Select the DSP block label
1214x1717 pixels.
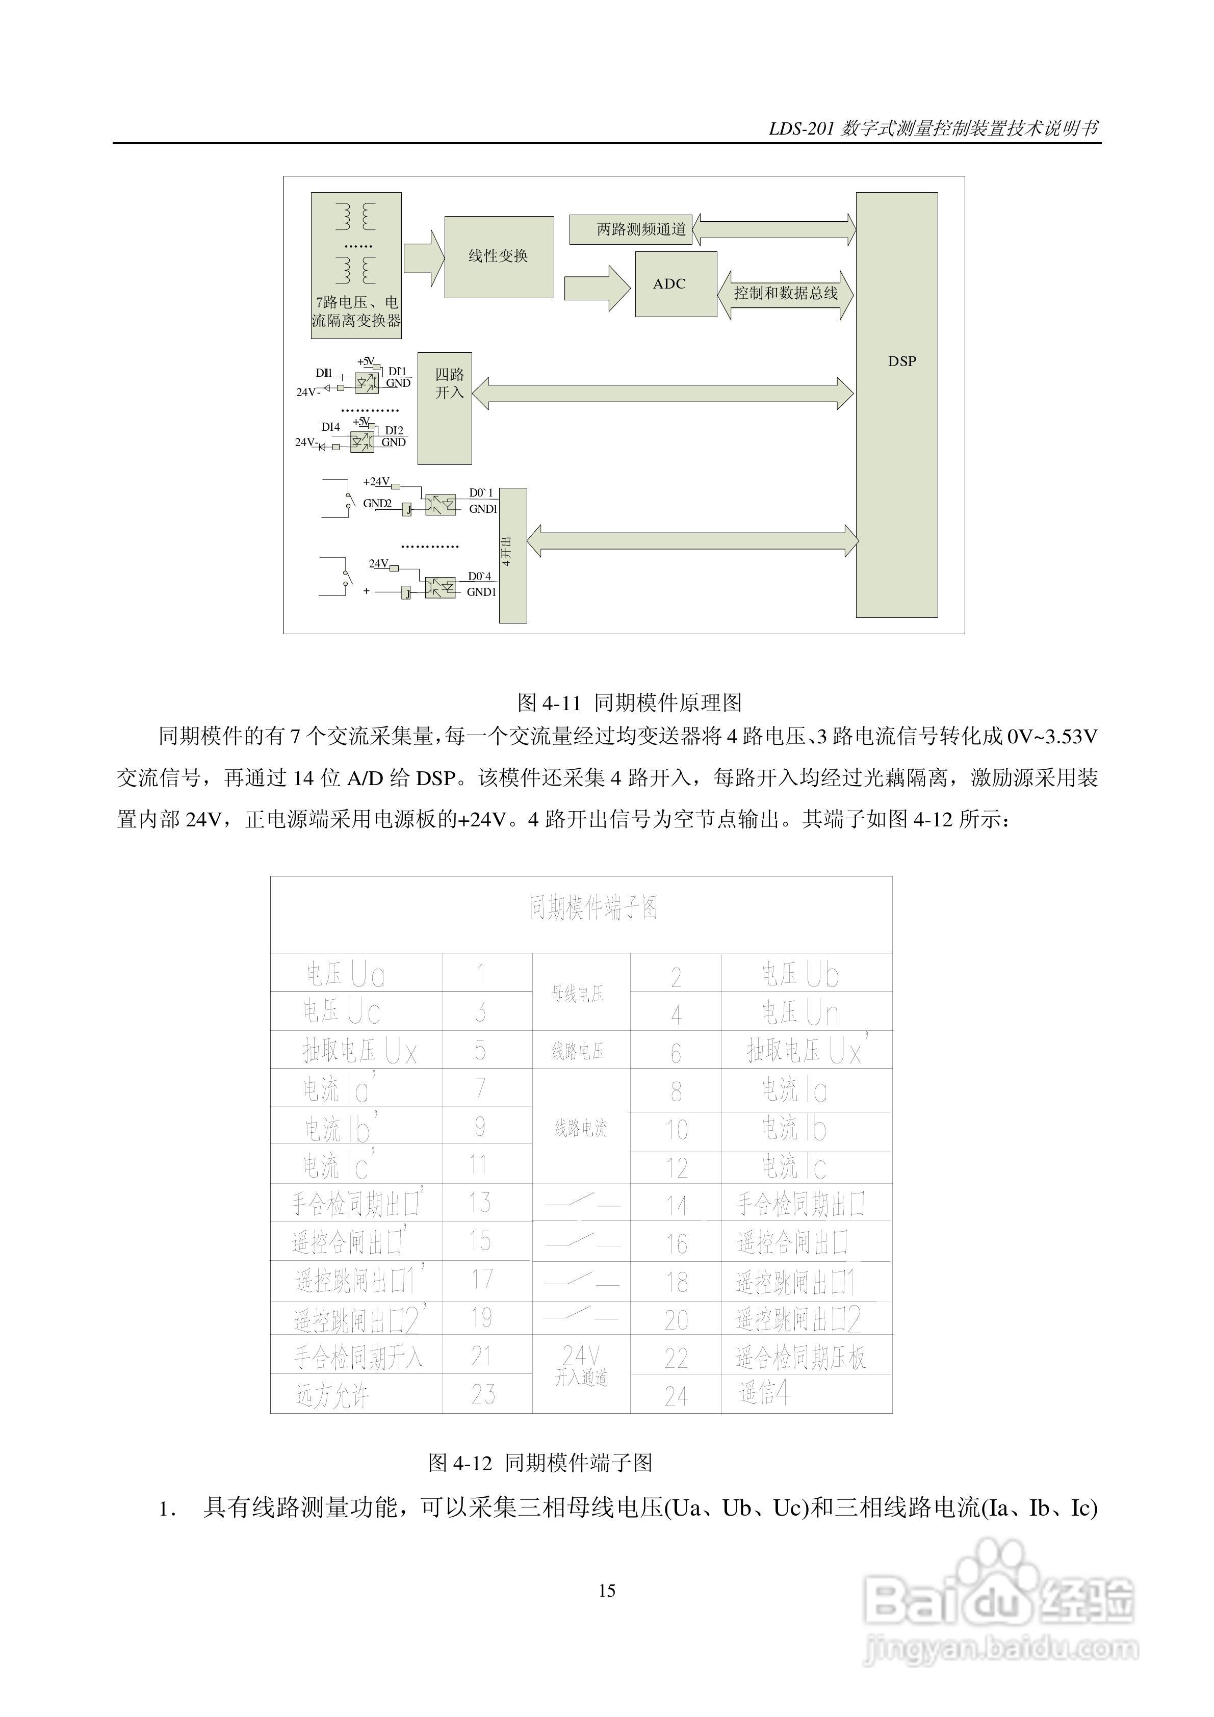click(901, 361)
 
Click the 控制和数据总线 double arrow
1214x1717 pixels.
click(785, 294)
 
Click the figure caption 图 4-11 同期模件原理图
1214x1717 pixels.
click(629, 702)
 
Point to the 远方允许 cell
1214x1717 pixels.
click(332, 1395)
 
